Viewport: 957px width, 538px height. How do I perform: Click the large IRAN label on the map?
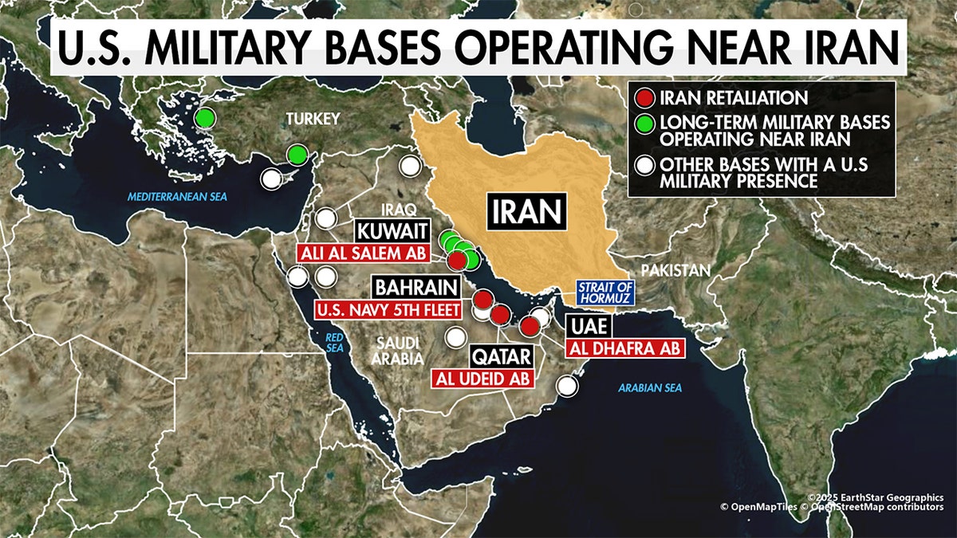528,211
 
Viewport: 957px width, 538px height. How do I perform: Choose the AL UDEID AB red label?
483,379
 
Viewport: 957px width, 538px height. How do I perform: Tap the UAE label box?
589,326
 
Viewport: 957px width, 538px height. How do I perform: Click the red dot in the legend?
644,99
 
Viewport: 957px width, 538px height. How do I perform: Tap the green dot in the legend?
644,124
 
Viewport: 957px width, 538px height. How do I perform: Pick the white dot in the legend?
644,166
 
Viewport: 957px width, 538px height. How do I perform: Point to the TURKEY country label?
313,119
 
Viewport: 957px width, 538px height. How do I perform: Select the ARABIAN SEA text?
651,388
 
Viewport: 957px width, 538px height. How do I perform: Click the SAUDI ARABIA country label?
396,351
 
